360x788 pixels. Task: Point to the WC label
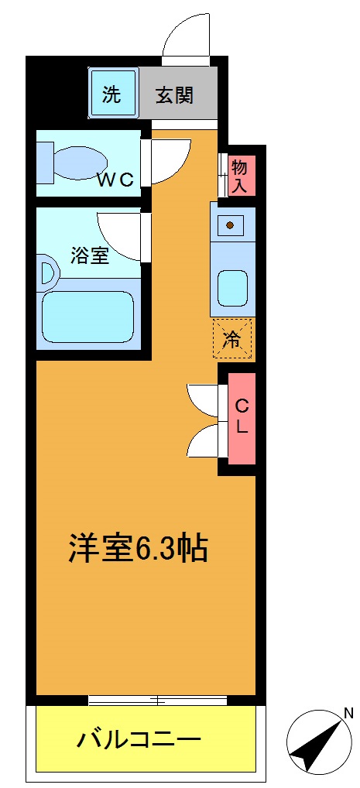tap(115, 180)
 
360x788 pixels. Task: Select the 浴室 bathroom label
tap(90, 255)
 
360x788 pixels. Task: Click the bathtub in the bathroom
tap(88, 316)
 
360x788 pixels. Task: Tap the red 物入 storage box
tap(239, 176)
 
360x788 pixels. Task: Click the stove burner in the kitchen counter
tap(229, 226)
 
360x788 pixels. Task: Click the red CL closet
tap(241, 418)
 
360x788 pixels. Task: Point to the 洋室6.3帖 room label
tap(138, 549)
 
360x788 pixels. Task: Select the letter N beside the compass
tap(348, 713)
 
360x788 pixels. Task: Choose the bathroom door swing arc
tap(120, 236)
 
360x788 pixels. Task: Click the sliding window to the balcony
tap(157, 701)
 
